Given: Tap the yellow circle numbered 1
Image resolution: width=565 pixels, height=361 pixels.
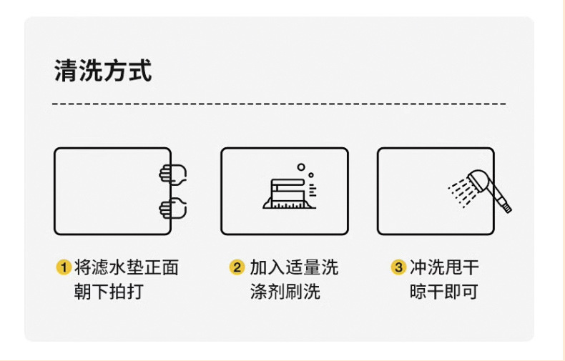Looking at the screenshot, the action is (x=64, y=268).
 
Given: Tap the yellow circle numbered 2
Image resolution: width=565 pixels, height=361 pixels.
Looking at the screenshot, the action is (x=237, y=268).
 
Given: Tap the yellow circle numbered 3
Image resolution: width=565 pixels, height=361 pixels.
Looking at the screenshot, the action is (x=398, y=268).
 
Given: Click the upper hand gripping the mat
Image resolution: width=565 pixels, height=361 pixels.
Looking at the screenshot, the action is (x=172, y=174).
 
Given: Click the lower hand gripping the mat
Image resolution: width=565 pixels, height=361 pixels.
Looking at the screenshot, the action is (x=172, y=208).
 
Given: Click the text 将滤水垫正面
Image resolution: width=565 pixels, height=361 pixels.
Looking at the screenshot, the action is (x=126, y=268).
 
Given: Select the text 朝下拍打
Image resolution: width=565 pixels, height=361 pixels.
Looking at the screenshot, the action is (x=104, y=292).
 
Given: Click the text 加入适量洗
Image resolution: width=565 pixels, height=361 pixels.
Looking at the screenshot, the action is (x=293, y=268).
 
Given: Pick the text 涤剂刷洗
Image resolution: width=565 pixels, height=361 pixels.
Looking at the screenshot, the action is (x=285, y=292).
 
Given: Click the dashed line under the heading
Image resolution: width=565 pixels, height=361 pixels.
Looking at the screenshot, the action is (x=279, y=104).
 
